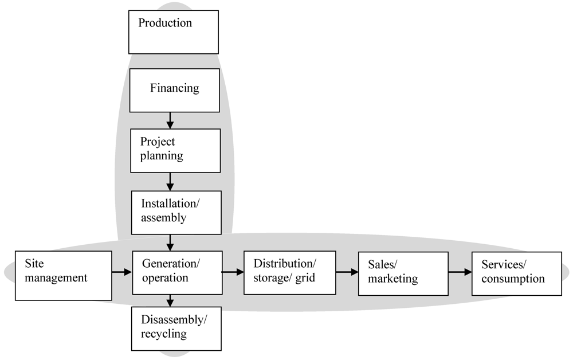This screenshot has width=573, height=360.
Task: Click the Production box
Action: click(x=173, y=32)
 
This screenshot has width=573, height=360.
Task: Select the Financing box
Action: click(x=175, y=90)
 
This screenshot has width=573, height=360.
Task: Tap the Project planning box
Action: click(x=175, y=150)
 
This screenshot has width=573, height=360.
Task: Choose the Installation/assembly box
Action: click(x=176, y=213)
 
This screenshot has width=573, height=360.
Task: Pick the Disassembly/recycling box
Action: click(x=176, y=328)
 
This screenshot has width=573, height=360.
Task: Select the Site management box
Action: click(x=63, y=275)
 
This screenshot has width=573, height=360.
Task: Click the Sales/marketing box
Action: click(x=403, y=273)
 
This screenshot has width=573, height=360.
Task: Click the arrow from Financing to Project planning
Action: click(x=170, y=120)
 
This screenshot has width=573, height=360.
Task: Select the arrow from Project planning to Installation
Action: click(x=170, y=182)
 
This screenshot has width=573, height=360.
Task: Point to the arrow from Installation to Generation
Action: click(x=170, y=242)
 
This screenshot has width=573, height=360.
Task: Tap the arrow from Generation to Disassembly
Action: click(x=170, y=300)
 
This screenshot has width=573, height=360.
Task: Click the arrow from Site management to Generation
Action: click(x=121, y=272)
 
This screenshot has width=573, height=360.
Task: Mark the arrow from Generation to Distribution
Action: click(x=232, y=272)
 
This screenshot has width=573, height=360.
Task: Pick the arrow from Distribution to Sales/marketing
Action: click(x=347, y=272)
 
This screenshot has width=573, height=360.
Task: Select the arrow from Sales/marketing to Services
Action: click(x=460, y=272)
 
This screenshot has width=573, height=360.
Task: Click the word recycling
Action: click(x=163, y=334)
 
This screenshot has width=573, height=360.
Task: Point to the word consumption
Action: click(x=513, y=279)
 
